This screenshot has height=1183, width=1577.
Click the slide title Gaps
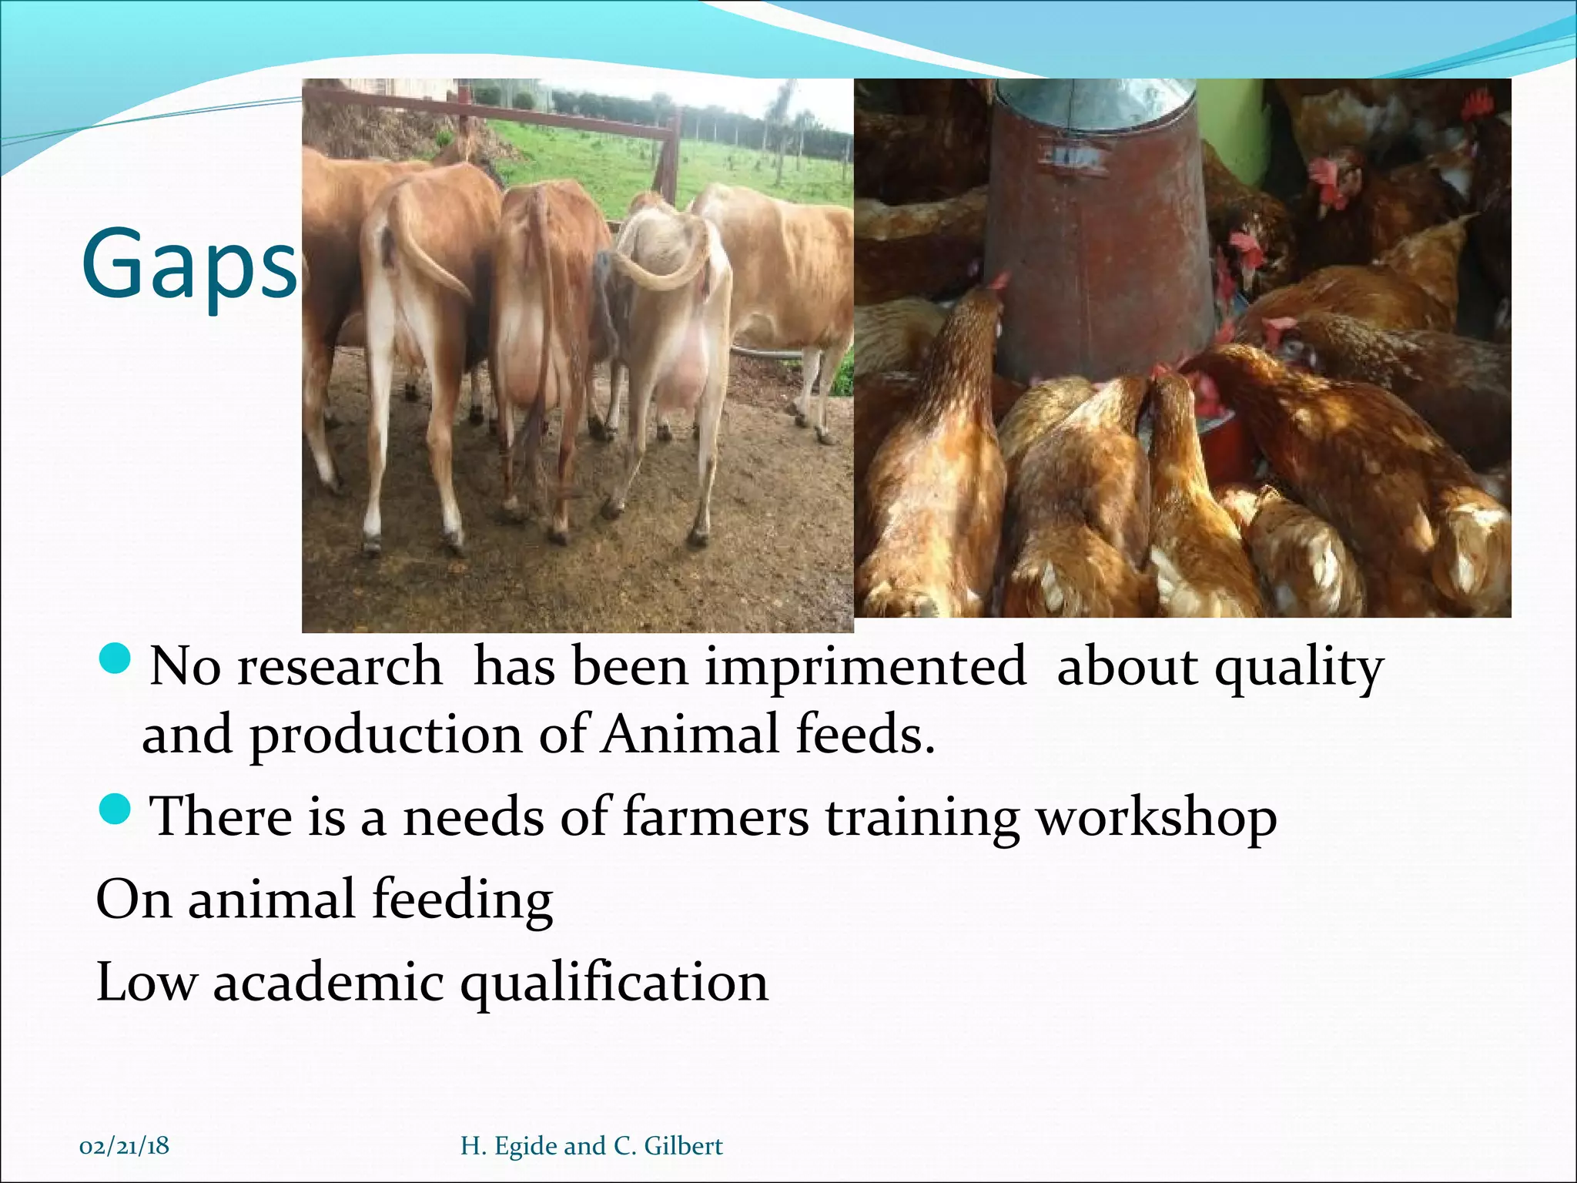coord(189,263)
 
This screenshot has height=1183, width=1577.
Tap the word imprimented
coord(866,666)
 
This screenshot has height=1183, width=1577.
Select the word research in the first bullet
coord(340,666)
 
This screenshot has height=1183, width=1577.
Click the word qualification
coord(614,984)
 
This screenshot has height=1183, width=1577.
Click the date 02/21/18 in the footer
coord(124,1146)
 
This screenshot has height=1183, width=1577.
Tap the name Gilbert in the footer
coord(683,1146)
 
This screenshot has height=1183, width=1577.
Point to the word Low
coord(146,983)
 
